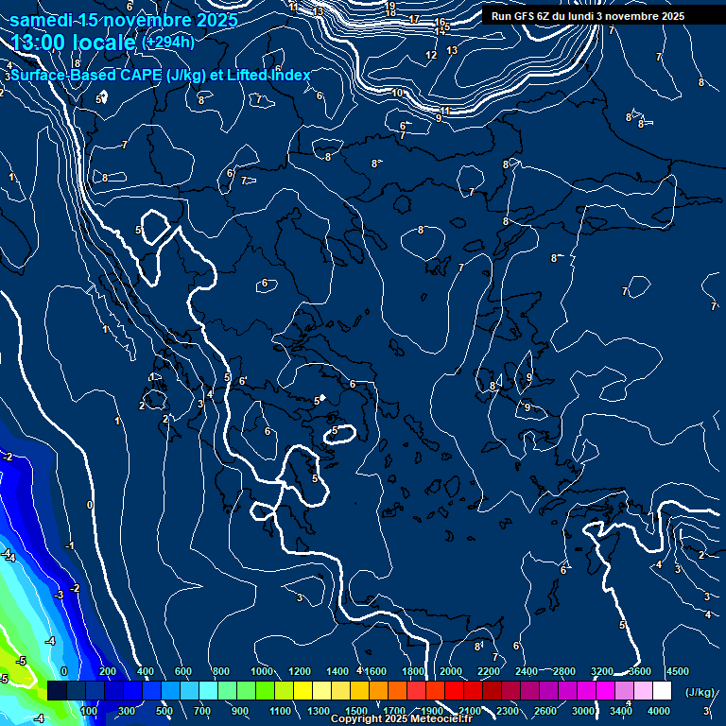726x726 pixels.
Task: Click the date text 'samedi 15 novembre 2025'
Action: point(123,20)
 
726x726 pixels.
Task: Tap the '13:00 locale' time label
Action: point(73,43)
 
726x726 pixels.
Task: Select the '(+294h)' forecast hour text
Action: point(168,43)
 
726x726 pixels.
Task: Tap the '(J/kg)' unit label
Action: point(700,692)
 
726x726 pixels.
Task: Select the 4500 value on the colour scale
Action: point(677,671)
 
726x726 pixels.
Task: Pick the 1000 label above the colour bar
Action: point(261,671)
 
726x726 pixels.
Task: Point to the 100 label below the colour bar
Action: point(89,711)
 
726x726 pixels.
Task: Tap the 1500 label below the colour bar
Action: point(356,711)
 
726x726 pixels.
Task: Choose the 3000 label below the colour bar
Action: point(583,711)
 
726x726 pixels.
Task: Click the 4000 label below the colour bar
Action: point(659,711)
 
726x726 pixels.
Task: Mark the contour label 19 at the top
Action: point(390,6)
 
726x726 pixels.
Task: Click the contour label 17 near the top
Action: point(415,19)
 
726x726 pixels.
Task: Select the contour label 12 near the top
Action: point(431,55)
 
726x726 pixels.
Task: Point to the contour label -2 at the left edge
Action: point(8,457)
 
